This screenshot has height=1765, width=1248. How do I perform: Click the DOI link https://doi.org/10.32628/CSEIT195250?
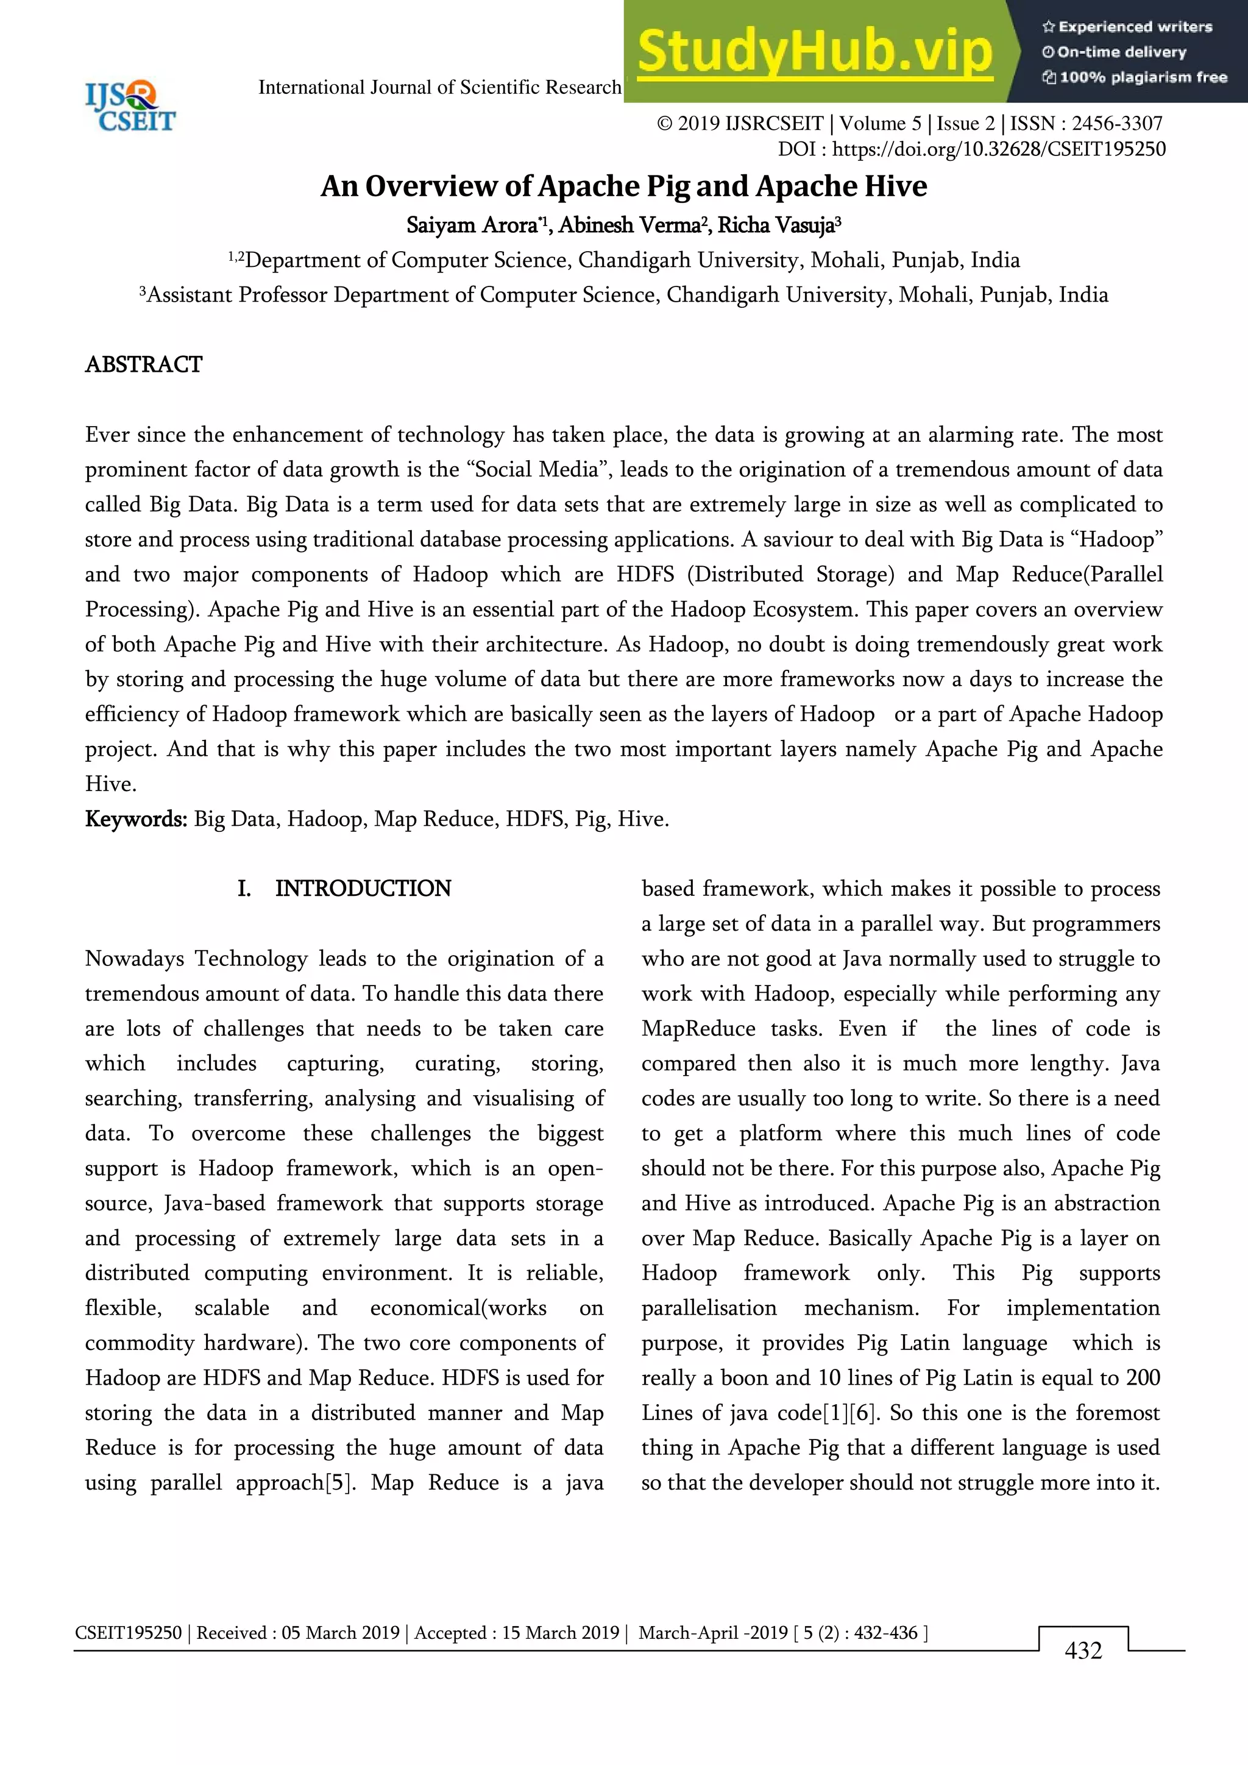[998, 149]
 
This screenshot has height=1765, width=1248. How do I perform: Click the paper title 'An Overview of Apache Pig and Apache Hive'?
[623, 186]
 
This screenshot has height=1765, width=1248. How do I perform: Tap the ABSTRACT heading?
[144, 364]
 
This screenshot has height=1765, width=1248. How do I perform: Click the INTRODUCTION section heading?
[363, 889]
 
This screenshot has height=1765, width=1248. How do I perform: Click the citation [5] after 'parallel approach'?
[339, 1482]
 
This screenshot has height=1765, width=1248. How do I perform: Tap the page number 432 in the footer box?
[1083, 1650]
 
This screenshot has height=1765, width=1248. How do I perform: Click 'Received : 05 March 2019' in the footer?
[298, 1633]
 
